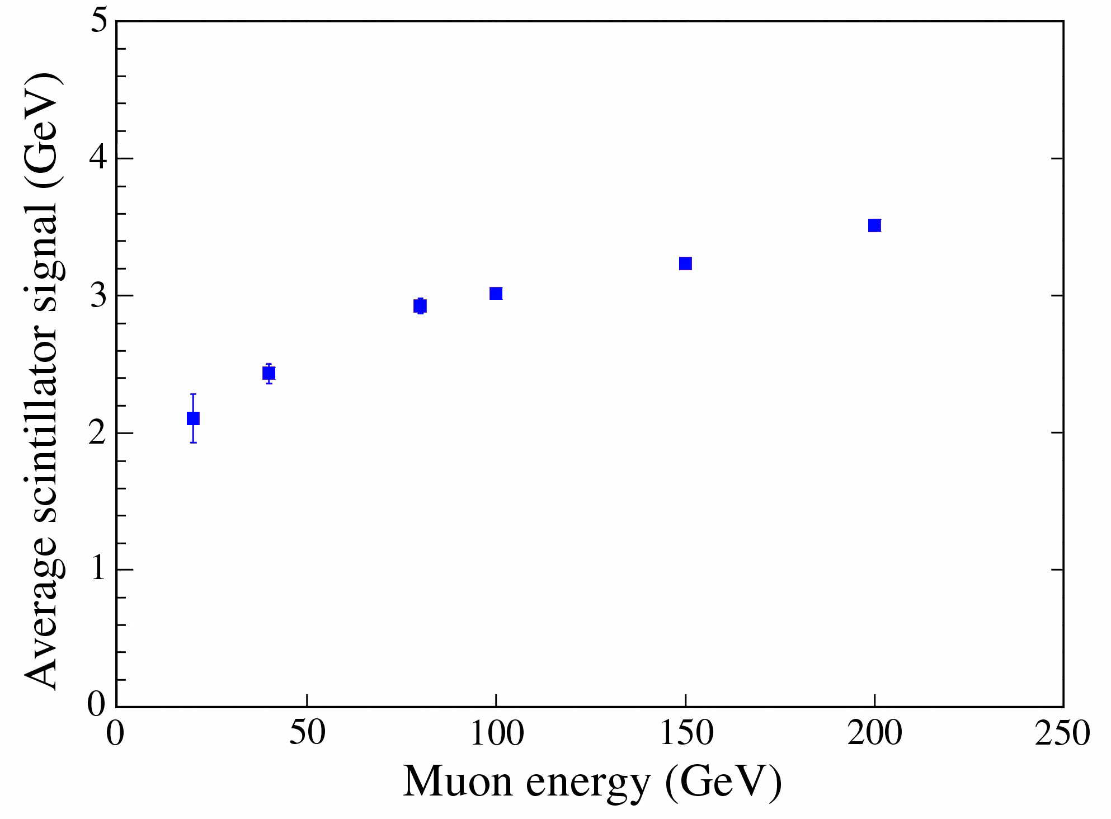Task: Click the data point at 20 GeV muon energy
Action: pos(193,418)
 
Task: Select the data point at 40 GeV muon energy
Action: pos(269,373)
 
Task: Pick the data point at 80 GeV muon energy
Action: pos(420,306)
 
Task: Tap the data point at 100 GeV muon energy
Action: pos(496,293)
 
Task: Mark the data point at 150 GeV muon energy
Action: pos(685,263)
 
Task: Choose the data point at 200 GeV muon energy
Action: pos(874,225)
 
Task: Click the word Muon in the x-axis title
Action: pos(458,781)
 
